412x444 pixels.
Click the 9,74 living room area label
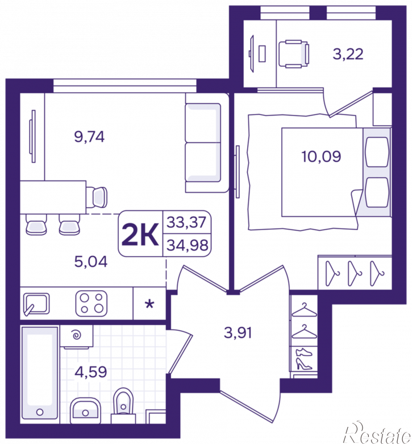(89, 137)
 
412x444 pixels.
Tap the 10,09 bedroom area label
(321, 157)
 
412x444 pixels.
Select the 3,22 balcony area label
(348, 54)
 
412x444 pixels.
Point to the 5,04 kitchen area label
(91, 262)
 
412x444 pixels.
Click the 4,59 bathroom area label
(91, 372)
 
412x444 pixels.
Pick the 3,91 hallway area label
(238, 332)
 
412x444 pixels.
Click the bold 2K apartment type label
(140, 235)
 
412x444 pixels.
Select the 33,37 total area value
(186, 222)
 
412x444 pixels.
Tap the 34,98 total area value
(187, 245)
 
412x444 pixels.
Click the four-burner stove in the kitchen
(91, 303)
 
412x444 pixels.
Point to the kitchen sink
(36, 304)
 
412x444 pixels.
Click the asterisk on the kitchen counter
(149, 305)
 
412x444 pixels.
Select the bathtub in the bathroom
(40, 373)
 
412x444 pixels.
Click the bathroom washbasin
(85, 410)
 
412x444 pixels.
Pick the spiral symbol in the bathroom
(77, 335)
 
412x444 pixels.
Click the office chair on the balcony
(294, 54)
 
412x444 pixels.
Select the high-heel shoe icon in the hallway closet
(303, 364)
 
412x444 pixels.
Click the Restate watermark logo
(377, 433)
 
